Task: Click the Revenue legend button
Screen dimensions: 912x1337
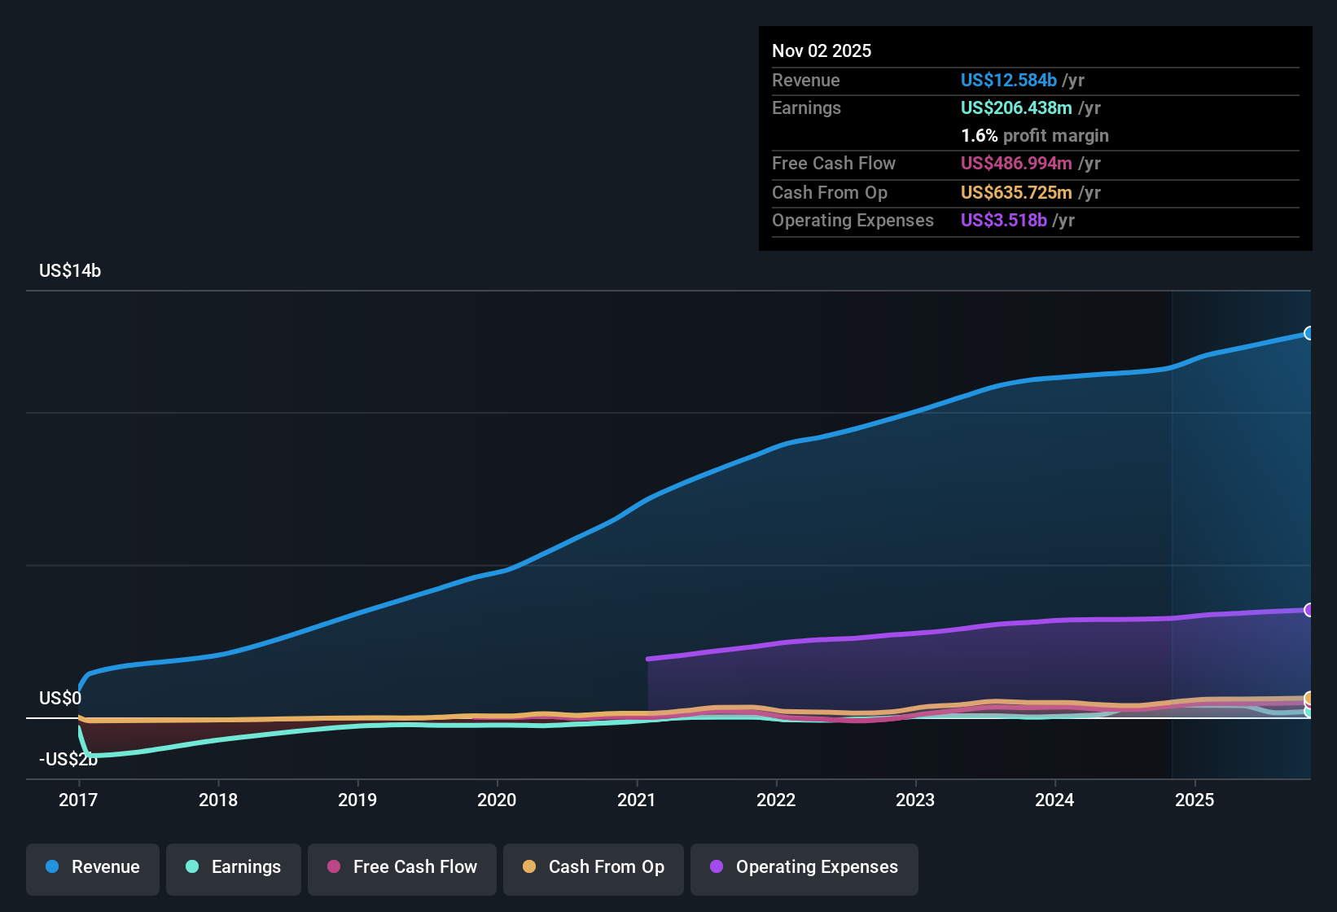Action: tap(93, 867)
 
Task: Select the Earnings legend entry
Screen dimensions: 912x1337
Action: tap(234, 867)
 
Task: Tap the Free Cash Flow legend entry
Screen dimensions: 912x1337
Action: tap(402, 867)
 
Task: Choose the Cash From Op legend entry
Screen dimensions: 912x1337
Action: tap(594, 867)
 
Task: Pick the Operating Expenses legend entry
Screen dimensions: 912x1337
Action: tap(804, 867)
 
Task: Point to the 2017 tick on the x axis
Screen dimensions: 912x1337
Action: tap(78, 800)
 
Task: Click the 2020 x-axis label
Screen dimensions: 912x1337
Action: tap(497, 800)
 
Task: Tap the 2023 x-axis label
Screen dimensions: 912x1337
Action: tap(915, 800)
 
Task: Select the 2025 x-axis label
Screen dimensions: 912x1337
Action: tap(1195, 800)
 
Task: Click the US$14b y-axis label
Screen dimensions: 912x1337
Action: tap(70, 271)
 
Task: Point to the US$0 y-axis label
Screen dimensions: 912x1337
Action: tap(60, 699)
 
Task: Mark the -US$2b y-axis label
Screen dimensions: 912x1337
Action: tap(68, 760)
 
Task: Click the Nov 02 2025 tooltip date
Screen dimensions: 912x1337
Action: tap(822, 51)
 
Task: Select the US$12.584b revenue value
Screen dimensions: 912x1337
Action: tap(1009, 80)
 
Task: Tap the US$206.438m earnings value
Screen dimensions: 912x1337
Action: tap(1016, 107)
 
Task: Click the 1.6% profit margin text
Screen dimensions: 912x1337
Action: tap(1035, 136)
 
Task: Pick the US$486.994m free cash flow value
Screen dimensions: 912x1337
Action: tap(1016, 163)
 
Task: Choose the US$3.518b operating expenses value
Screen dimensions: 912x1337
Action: tap(1004, 220)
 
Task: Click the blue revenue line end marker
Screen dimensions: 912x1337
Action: tap(1309, 333)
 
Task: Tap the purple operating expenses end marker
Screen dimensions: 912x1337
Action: tap(1309, 610)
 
